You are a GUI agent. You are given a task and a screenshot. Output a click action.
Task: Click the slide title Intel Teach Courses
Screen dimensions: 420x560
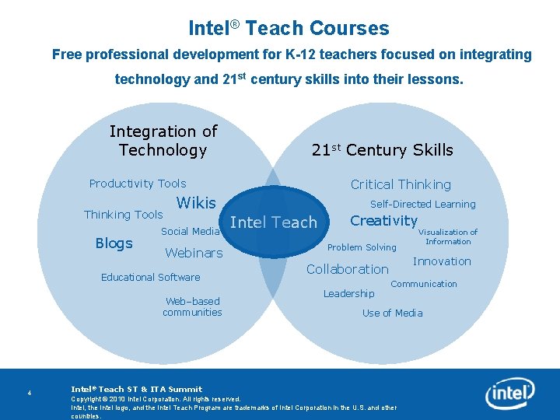[x=289, y=29]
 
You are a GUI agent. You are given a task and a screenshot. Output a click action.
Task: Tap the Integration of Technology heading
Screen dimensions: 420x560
[x=163, y=141]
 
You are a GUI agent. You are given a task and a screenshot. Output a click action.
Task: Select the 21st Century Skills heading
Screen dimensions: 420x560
[x=382, y=150]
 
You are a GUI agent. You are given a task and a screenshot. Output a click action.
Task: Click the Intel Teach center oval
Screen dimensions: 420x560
[x=274, y=222]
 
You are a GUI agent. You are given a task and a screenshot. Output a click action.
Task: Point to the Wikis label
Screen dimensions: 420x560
[x=197, y=203]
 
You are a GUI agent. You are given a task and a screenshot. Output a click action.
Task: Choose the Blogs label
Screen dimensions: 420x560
[x=114, y=243]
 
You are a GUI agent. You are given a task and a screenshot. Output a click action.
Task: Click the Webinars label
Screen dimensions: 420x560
[x=194, y=253]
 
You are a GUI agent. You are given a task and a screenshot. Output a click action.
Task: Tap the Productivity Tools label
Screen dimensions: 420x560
[x=138, y=184]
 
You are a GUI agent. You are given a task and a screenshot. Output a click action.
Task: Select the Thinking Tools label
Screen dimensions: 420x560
[x=123, y=215]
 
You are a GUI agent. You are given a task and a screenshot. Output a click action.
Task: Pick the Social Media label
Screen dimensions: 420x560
[x=190, y=231]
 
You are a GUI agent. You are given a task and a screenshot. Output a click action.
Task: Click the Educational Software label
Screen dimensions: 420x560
[x=150, y=277]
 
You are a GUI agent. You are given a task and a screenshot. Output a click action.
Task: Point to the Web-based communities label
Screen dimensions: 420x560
[x=192, y=306]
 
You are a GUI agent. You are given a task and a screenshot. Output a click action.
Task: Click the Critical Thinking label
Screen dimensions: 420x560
[x=401, y=184]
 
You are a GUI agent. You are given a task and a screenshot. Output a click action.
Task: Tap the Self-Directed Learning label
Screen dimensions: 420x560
[x=422, y=204]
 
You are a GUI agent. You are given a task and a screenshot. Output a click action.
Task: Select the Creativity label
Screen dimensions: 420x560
[x=383, y=220]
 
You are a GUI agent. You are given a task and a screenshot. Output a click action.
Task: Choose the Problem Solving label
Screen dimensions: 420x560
[x=362, y=247]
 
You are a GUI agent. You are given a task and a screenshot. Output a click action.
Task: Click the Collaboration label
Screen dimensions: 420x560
[x=347, y=269]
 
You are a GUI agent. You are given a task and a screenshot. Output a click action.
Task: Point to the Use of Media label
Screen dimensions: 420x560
[x=392, y=313]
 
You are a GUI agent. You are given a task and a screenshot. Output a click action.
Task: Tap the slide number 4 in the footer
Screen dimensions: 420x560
[x=29, y=392]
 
